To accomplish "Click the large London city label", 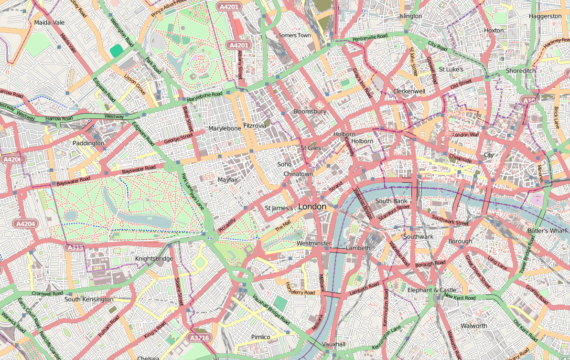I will click(312, 207).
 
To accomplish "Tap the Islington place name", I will click(410, 16).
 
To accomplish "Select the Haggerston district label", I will click(545, 16).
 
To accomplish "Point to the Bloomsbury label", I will click(310, 111).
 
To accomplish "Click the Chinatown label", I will click(298, 174).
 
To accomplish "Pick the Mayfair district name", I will click(228, 180).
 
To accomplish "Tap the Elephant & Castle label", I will click(431, 290).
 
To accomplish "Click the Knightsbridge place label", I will click(154, 259).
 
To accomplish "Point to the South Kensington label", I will click(89, 299).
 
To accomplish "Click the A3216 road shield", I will click(198, 338).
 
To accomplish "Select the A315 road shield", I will click(75, 247).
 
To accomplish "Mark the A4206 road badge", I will click(12, 159).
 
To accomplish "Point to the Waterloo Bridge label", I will click(363, 203).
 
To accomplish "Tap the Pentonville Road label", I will click(370, 37).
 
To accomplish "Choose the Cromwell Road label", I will click(47, 293).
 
